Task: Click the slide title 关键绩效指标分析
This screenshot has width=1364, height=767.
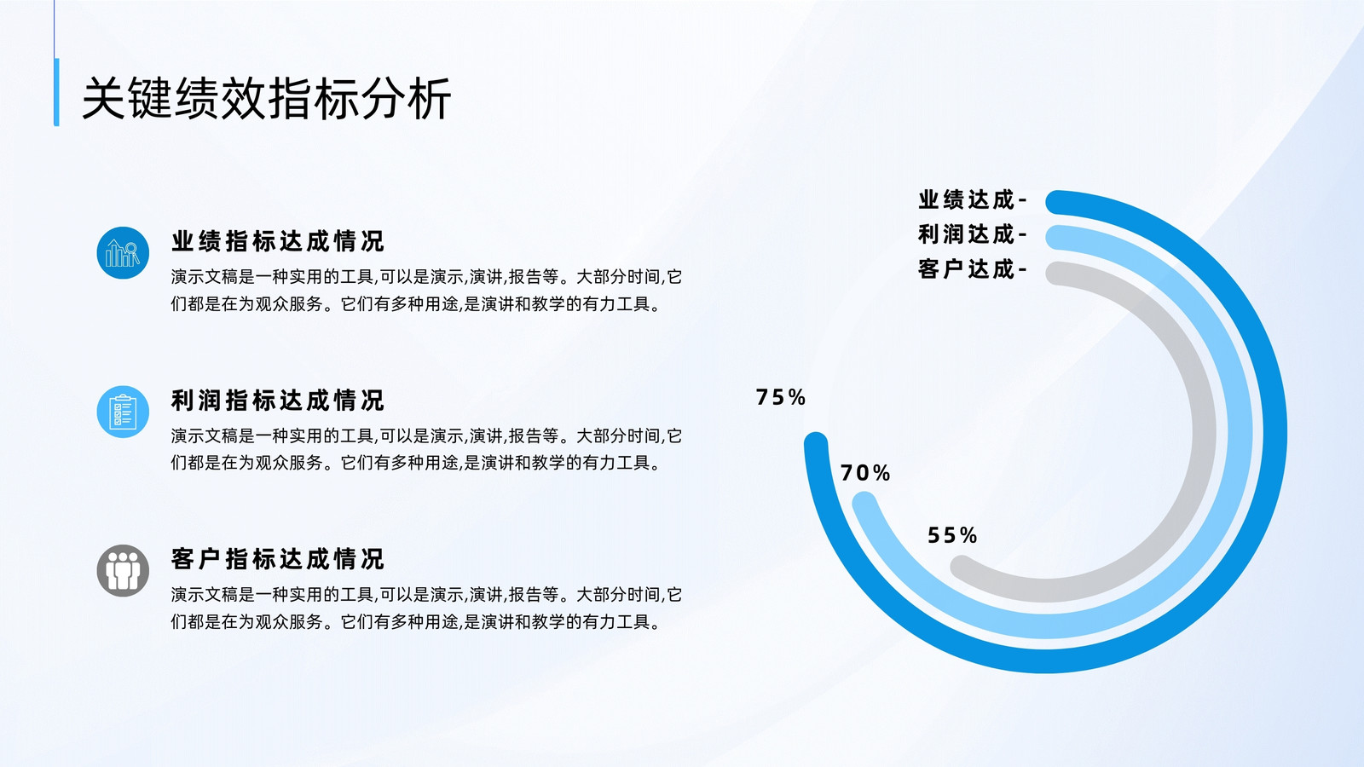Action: point(267,99)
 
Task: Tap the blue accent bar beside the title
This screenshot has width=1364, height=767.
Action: point(56,92)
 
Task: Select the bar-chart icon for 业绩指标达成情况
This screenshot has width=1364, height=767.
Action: point(123,252)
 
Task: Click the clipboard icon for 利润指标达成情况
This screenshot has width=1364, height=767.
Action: point(123,412)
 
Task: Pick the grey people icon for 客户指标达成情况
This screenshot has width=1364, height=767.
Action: point(123,570)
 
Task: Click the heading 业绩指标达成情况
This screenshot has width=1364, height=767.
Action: point(278,242)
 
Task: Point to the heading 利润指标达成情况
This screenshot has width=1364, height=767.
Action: point(278,401)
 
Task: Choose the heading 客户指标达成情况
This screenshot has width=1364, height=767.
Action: point(278,559)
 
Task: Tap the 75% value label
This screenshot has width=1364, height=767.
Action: point(781,397)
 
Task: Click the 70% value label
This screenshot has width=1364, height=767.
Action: point(865,473)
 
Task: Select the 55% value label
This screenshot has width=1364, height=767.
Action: point(952,536)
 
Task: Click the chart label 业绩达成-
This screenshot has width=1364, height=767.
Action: point(973,199)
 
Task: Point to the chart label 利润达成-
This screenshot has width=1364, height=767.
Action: point(973,234)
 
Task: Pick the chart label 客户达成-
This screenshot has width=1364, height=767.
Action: point(973,269)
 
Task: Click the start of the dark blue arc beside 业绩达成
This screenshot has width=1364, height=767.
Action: point(1058,203)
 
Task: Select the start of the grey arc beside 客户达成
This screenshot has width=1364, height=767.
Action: point(1058,274)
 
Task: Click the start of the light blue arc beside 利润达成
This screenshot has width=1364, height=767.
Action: point(1058,238)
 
